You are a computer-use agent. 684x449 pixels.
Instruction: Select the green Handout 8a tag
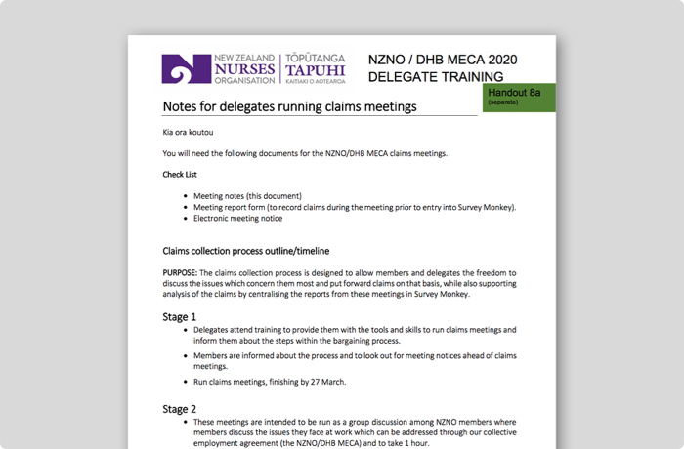[x=519, y=97]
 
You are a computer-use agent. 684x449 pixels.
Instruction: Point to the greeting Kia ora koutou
[x=188, y=132]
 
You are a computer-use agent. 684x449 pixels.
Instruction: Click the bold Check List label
[x=180, y=175]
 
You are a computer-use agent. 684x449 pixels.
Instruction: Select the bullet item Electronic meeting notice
[x=238, y=218]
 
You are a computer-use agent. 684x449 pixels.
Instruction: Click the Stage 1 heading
[x=179, y=316]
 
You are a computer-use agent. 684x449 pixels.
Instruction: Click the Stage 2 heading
[x=179, y=408]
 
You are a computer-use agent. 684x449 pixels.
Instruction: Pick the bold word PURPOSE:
[x=180, y=272]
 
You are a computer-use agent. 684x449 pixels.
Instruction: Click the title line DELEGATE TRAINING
[x=436, y=77]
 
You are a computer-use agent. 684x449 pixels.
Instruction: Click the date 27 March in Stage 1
[x=323, y=382]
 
